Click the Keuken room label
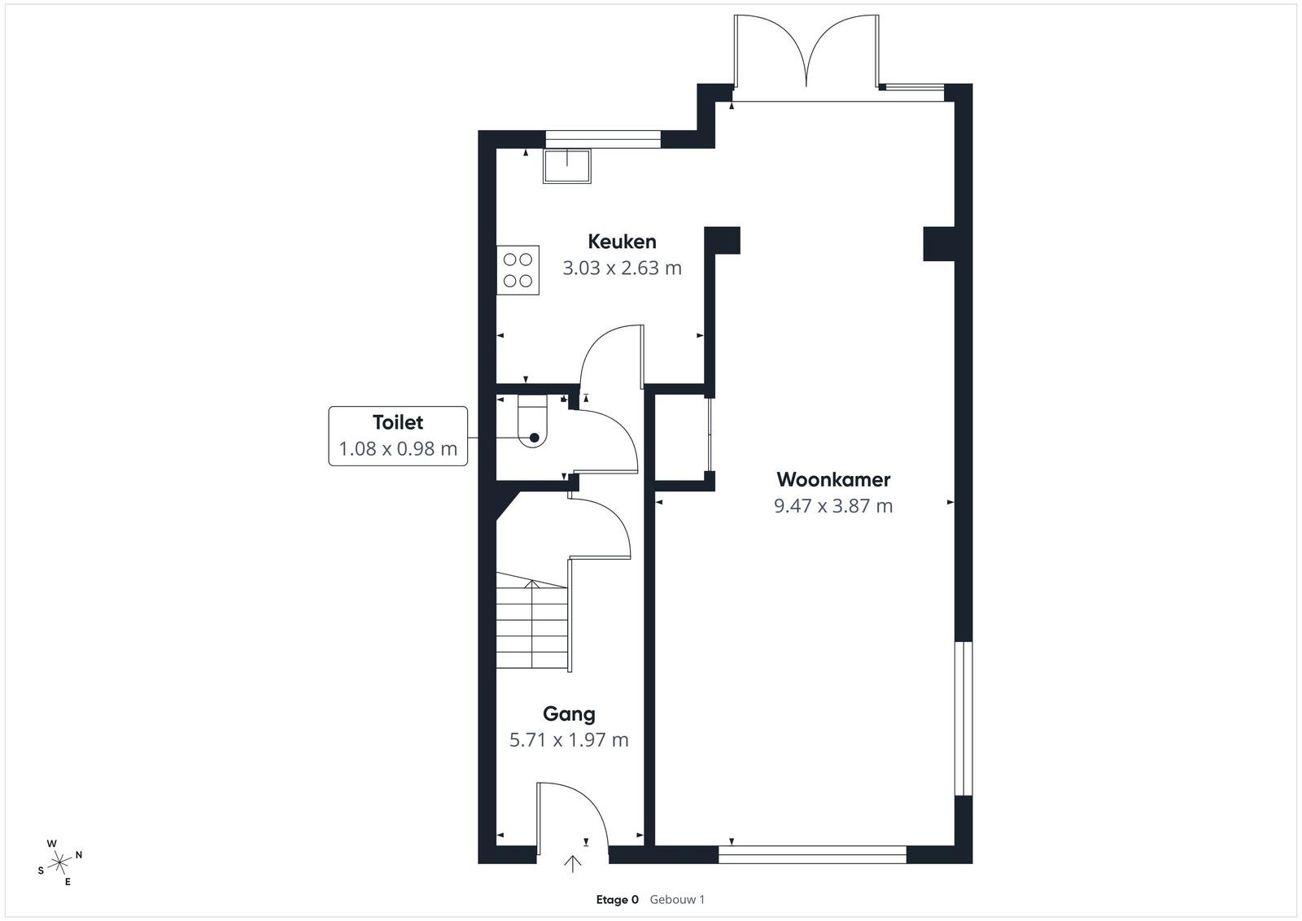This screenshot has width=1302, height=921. coord(622,242)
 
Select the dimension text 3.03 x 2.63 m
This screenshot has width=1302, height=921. coord(622,268)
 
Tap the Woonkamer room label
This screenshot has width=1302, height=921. coord(833,479)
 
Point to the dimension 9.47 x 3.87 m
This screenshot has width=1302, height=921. coord(833,505)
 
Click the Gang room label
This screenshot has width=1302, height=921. coord(569,714)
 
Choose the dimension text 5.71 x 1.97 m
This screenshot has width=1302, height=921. coord(569,740)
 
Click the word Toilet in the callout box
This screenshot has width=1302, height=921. coord(398,422)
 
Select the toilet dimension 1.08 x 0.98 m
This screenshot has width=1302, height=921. coord(398,448)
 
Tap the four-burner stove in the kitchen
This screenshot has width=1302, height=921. coord(518,270)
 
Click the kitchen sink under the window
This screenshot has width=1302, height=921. coord(566,166)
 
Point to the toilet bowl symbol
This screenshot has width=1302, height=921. coord(532,422)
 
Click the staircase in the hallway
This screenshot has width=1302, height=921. coord(532,621)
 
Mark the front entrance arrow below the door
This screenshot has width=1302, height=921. coord(573,864)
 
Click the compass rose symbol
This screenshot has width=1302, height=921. coord(59,863)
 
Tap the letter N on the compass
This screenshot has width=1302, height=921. coord(79,855)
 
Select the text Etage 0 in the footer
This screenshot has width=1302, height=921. coord(618,900)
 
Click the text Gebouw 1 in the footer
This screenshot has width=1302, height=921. coord(677,900)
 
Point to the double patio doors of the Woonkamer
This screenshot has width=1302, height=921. coord(806,52)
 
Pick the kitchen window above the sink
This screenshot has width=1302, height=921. coord(603,139)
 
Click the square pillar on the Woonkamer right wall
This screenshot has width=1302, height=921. coord(939,243)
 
